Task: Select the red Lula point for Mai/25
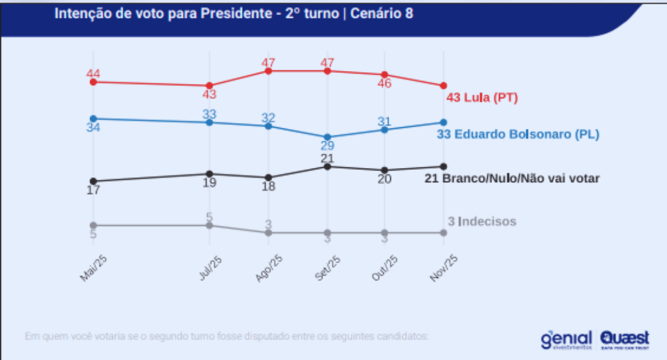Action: (93, 82)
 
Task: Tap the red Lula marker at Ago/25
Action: (269, 71)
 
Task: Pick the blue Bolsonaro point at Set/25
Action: (327, 137)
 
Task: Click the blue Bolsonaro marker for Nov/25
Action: (443, 122)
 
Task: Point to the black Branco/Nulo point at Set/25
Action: (327, 166)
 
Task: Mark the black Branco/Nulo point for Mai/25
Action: (93, 181)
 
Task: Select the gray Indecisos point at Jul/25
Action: (210, 225)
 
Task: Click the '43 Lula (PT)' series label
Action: (482, 98)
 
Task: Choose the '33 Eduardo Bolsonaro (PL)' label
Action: (518, 134)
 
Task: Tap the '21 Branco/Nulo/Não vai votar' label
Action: (512, 178)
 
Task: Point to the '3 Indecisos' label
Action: (482, 222)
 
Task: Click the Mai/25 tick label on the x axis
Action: (94, 269)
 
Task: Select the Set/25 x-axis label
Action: (328, 269)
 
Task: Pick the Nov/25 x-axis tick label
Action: (443, 269)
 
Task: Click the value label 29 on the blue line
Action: (327, 146)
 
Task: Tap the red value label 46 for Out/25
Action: (384, 83)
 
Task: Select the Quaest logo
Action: (624, 338)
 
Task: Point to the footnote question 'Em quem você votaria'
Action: (227, 337)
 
